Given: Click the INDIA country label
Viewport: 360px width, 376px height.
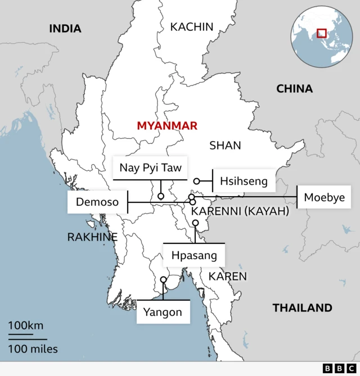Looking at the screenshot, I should coord(65,29).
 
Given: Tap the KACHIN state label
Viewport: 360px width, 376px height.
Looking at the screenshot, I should coord(192,26).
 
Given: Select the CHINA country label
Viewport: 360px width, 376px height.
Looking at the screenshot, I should coord(294,88).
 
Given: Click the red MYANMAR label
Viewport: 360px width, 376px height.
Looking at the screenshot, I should coord(167,126).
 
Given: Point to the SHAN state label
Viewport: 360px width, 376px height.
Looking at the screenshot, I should coord(225,146).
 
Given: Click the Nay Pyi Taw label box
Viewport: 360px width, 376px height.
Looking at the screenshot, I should coord(150,167).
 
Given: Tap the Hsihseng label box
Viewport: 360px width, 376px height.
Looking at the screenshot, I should coord(244,181).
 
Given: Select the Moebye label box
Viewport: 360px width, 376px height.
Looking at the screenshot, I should coord(324,197).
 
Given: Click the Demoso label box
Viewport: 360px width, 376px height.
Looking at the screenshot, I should coord(97,202).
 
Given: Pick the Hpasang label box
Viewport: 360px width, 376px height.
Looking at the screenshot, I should coord(193,256).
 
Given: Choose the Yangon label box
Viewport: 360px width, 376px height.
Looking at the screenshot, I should coord(163,312).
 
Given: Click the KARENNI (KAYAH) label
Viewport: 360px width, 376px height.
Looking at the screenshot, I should coord(240,211).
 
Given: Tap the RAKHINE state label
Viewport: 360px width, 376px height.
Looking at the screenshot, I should coord(92,237).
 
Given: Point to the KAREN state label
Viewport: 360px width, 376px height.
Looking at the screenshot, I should coord(227,276).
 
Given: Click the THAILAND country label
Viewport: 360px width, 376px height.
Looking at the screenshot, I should coord(302,307).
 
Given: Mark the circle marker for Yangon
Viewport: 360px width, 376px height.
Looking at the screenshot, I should coord(163,279).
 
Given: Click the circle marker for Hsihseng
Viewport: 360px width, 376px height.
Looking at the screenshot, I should coord(197,181).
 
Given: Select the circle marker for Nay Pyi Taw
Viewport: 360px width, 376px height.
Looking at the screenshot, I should coord(160,197).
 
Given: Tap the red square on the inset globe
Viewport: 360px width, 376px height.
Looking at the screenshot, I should coord(322,33).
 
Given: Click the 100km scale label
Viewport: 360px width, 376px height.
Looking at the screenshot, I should coord(25,325).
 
